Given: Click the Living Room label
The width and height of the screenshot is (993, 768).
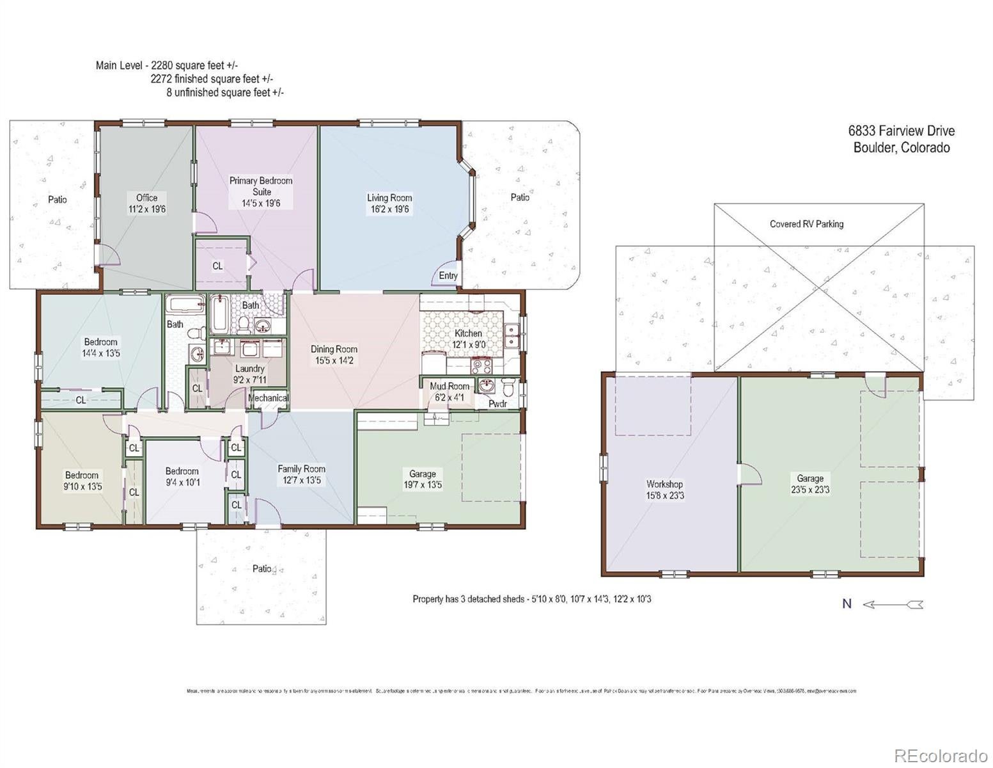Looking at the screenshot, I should (389, 198).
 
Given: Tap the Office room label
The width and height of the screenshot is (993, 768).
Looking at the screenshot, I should (146, 198).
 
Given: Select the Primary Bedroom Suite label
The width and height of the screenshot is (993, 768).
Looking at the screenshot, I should (261, 186).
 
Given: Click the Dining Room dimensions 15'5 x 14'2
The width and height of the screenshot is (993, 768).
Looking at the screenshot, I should (334, 361).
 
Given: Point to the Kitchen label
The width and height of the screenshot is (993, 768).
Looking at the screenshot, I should (468, 333).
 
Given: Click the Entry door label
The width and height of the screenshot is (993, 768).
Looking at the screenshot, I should (448, 276).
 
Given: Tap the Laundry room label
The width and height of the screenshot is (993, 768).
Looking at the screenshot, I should (249, 369).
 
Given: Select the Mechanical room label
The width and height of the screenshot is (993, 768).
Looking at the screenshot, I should (268, 398).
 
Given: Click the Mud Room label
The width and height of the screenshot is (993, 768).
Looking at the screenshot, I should (449, 386).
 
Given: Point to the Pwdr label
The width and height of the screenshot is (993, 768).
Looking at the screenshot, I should (497, 404).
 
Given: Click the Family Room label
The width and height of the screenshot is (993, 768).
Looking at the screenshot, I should (301, 469).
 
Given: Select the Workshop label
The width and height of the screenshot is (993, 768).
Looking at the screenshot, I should (664, 484).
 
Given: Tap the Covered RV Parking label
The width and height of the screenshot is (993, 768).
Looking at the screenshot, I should (806, 224).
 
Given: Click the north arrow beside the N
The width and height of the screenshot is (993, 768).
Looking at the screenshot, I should (893, 604).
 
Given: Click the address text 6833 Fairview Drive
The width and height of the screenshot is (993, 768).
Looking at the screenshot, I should (901, 131).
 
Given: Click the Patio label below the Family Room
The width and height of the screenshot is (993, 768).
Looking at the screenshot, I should (262, 568).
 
